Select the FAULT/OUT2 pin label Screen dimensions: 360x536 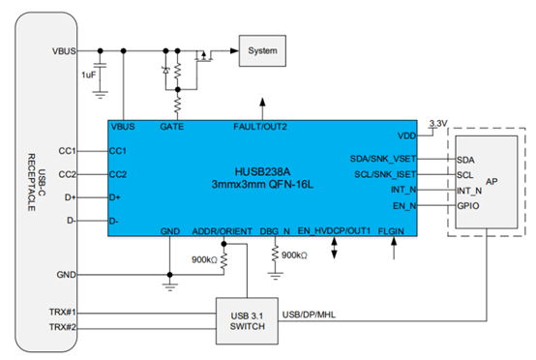coord(261,127)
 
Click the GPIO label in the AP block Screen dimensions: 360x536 coord(466,206)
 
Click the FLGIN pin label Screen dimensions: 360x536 coord(391,231)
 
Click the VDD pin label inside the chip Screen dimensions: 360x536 coord(406,135)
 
